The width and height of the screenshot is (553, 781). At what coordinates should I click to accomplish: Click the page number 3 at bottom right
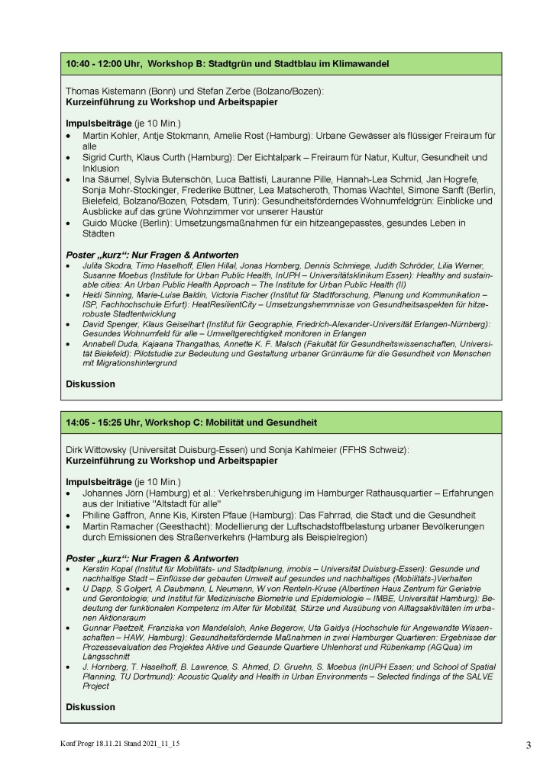coord(528,745)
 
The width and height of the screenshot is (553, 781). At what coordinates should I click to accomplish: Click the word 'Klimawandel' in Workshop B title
coord(359,63)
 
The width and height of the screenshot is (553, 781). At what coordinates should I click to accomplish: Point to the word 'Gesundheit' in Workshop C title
coord(293,422)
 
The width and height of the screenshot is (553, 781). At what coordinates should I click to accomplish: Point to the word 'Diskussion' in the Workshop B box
coord(90,384)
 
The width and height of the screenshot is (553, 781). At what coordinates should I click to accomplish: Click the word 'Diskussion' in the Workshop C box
coord(90,707)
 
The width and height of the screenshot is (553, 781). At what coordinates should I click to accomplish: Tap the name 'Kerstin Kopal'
coord(108,569)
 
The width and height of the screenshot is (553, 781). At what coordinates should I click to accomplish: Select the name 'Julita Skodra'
coord(104,265)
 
